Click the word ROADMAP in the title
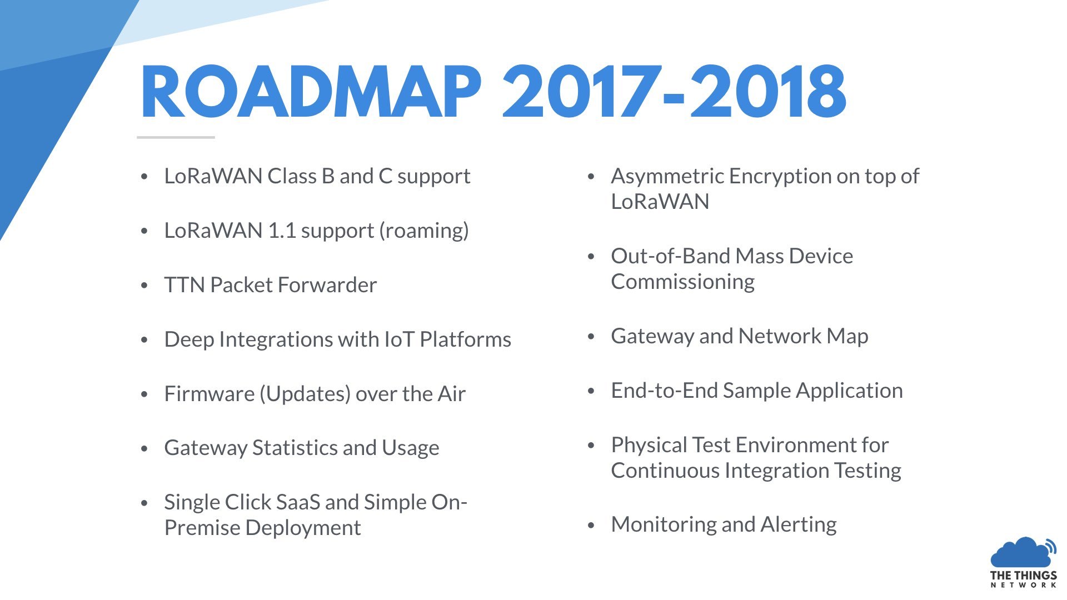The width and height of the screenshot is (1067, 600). pos(311,92)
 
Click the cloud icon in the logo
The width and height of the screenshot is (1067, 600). pos(1023,552)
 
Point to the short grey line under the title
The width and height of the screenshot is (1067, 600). pos(176,137)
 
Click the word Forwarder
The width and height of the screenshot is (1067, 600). pos(327,285)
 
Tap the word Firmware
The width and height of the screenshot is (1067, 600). pos(210,394)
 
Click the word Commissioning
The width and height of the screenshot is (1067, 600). pos(683,282)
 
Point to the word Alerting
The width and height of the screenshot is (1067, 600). pos(799,525)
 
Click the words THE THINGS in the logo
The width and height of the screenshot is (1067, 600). pos(1024,576)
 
